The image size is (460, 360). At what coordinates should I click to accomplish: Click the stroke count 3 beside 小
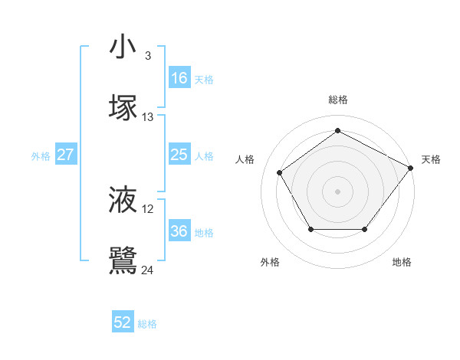click(x=147, y=55)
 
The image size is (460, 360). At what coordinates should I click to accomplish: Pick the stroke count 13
click(x=148, y=117)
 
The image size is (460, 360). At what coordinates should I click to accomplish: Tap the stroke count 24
click(x=148, y=270)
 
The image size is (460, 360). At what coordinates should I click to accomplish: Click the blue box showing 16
click(x=179, y=78)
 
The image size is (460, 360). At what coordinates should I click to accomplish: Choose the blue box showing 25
click(x=179, y=155)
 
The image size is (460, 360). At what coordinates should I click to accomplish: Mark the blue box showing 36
click(x=179, y=231)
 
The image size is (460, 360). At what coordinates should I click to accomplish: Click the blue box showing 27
click(x=66, y=155)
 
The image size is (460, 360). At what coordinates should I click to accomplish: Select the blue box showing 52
click(x=123, y=322)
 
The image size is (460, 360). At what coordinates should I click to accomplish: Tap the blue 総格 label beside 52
click(x=147, y=324)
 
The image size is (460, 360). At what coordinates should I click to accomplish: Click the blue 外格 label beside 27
click(x=41, y=156)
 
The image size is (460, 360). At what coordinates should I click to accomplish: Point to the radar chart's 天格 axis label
click(x=431, y=159)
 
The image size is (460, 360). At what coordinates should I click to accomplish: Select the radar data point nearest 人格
click(x=280, y=172)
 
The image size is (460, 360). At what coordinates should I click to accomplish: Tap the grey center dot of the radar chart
click(x=337, y=191)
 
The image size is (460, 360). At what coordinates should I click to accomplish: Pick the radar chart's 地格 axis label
click(x=402, y=262)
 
